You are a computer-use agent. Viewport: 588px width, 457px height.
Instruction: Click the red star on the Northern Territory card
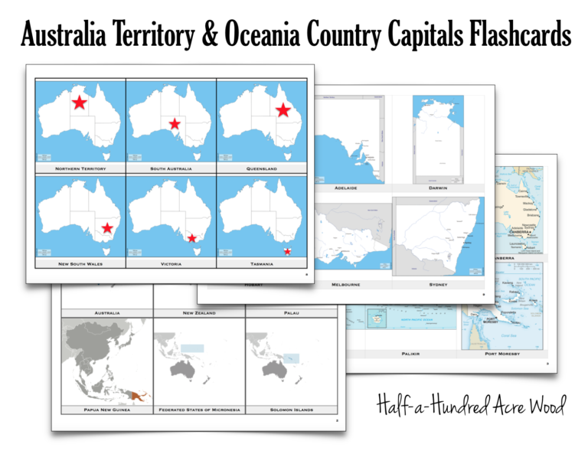pos(79,102)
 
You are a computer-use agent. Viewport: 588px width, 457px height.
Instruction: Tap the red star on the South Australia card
pos(175,124)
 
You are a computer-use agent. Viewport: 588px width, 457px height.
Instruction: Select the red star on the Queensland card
pos(283,110)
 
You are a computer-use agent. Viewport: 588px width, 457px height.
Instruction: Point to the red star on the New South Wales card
pos(107,227)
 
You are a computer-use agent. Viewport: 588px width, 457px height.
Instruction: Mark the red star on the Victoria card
pos(191,238)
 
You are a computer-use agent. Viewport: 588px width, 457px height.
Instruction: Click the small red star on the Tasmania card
pos(287,251)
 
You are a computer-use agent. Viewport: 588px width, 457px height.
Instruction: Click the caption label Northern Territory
pos(80,168)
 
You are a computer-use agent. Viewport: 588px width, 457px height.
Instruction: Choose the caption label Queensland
pos(262,168)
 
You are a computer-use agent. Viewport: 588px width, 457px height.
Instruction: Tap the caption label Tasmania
pos(262,263)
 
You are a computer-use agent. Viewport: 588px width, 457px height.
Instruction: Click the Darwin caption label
pos(438,187)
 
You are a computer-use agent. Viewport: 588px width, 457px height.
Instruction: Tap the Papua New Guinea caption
pos(106,410)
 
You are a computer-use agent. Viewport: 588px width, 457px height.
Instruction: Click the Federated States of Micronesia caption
pos(199,410)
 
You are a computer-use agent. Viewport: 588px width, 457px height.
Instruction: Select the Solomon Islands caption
pos(292,410)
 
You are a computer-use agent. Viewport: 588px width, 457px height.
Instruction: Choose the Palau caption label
pos(292,312)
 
